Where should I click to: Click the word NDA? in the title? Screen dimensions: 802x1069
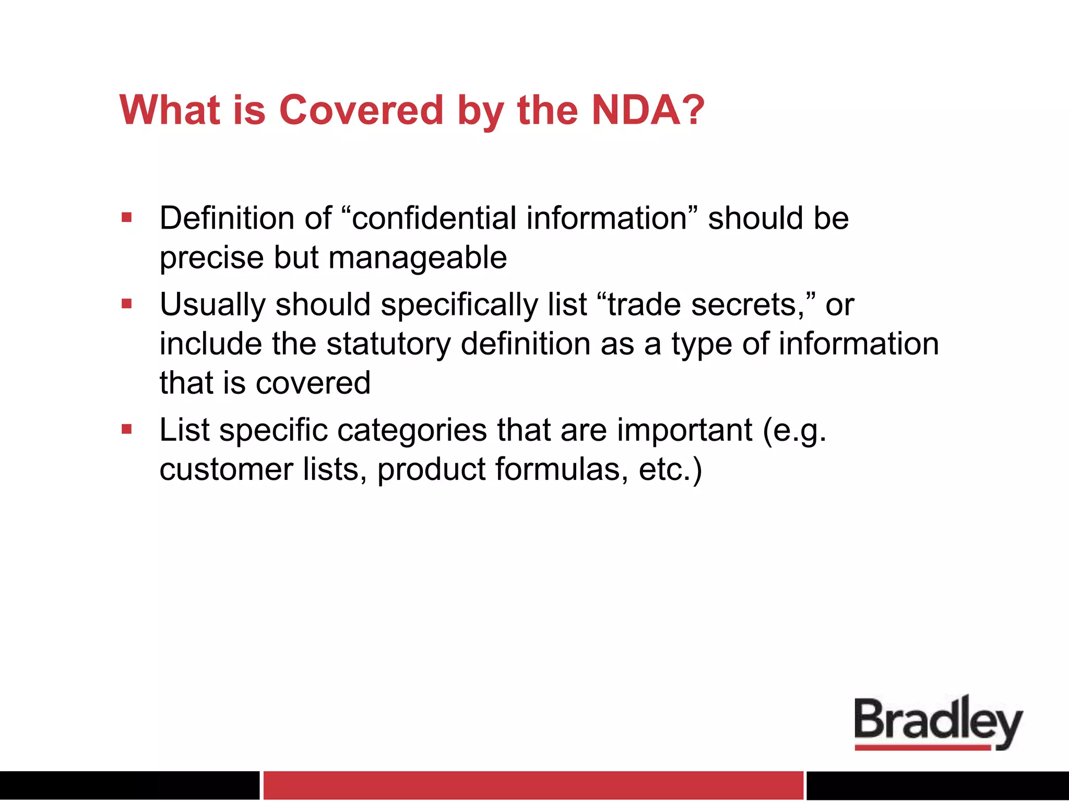(647, 111)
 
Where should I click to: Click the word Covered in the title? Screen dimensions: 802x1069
(361, 111)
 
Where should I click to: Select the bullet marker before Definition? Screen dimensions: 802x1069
(126, 217)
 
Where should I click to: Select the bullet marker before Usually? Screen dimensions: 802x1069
(126, 303)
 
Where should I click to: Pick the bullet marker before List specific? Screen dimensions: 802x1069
(126, 429)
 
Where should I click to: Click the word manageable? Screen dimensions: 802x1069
(418, 258)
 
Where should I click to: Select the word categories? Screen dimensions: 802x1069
(412, 431)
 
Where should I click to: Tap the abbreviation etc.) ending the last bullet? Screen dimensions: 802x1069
(670, 469)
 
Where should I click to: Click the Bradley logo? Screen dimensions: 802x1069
(937, 721)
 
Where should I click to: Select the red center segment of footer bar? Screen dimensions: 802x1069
(533, 785)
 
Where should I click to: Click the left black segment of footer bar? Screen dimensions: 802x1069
(129, 785)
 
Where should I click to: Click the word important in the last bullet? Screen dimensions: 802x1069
(684, 431)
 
